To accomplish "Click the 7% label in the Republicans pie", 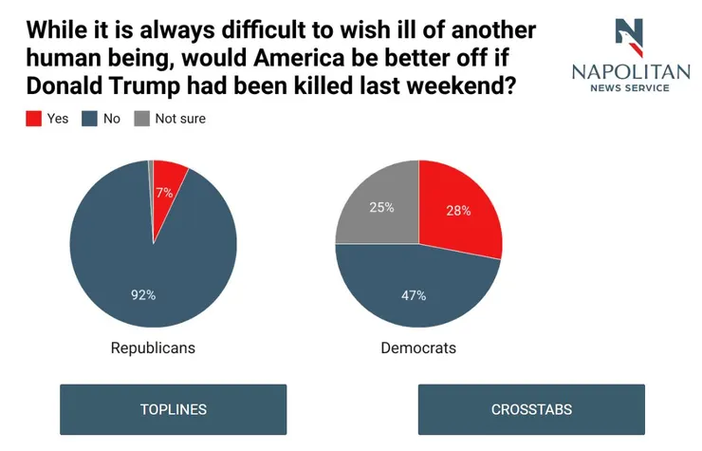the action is pos(164,193).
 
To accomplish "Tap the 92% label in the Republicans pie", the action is pos(143,295).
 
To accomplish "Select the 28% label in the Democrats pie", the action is pos(458,211).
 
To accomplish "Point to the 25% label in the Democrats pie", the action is pos(382,207).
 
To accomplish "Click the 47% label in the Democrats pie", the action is pos(414,295).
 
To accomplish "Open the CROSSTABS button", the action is pos(531,409).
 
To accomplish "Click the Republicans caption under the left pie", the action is pos(153,348).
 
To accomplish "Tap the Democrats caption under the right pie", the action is pos(418,348).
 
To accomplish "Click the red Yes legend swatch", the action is pos(33,119).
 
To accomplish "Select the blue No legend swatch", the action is pos(89,119).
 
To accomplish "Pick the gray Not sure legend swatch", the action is pos(142,119).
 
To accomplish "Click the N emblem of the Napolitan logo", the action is pos(629,38).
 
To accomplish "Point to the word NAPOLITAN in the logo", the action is pos(631,72).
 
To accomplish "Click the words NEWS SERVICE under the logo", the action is pos(630,88).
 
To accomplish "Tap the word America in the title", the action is pos(298,58).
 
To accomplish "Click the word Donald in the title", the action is pos(65,85).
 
